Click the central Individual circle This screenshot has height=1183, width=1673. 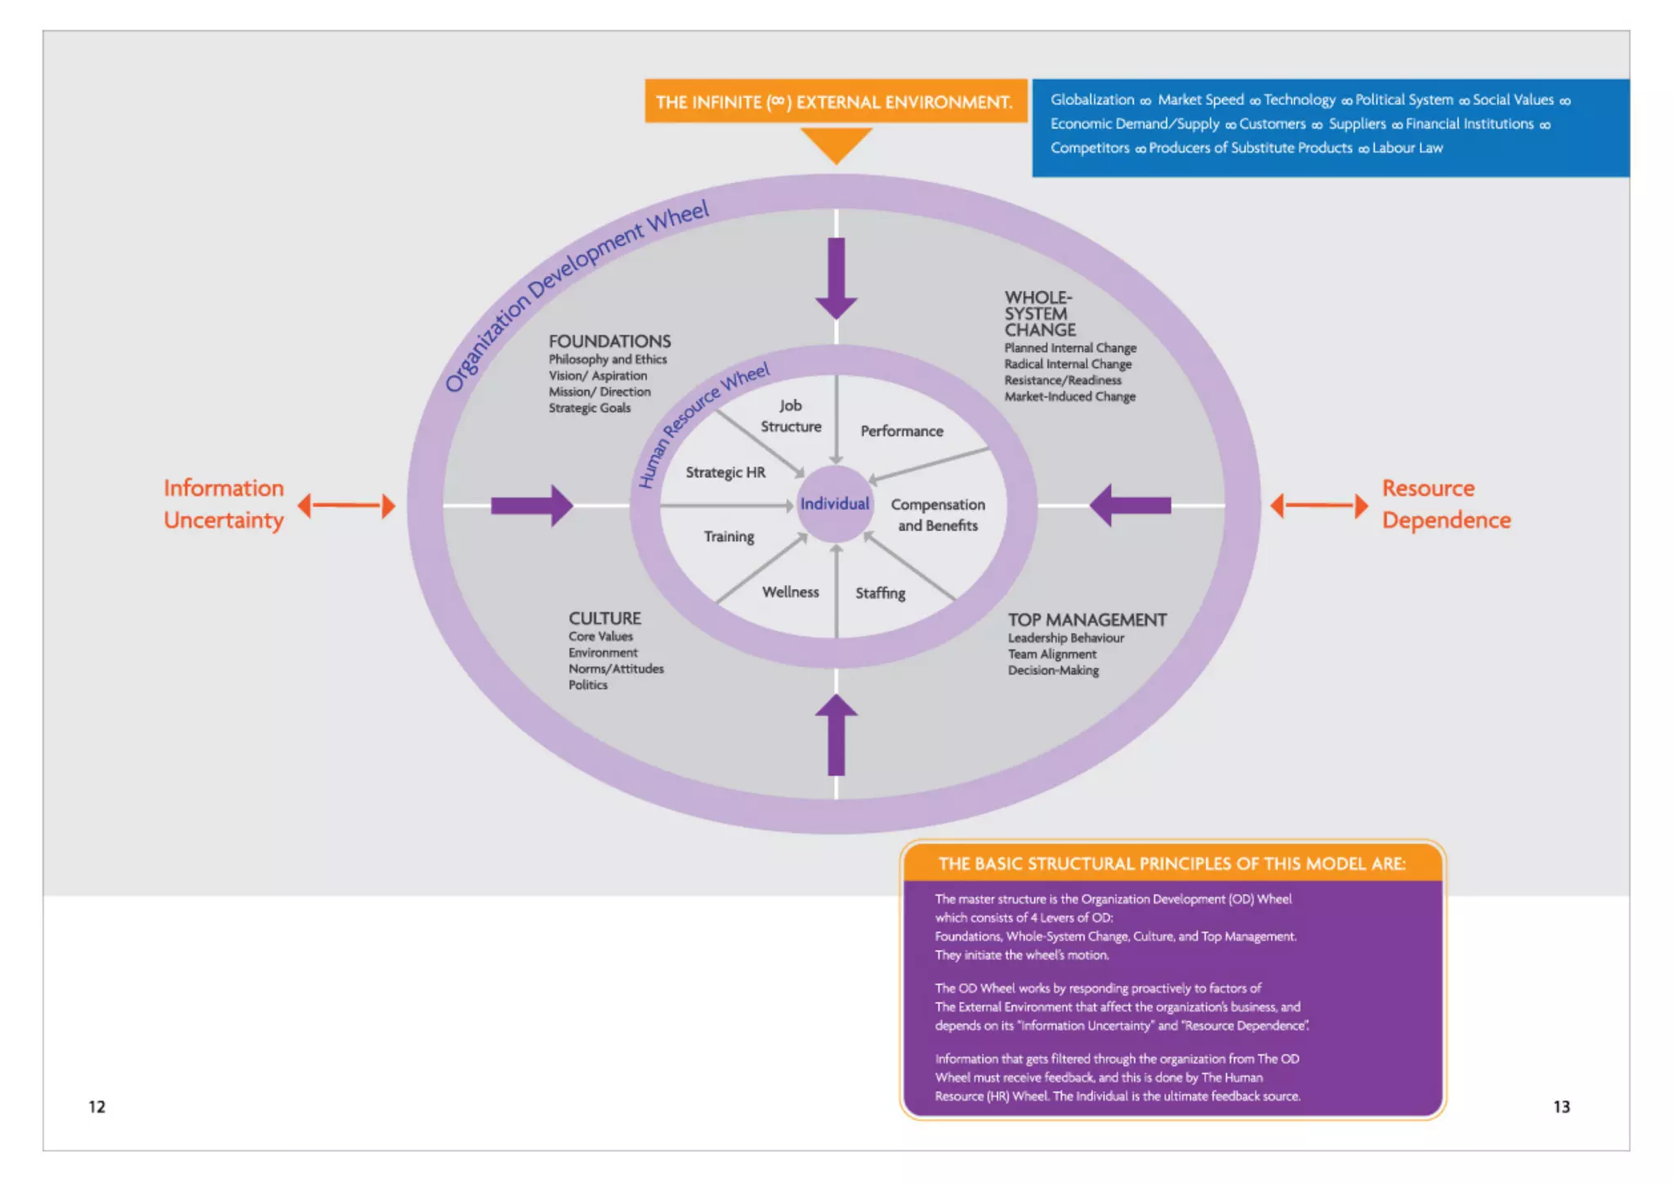(x=835, y=504)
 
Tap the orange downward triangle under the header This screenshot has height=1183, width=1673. (x=835, y=142)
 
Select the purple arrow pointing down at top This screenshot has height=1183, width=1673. (x=836, y=278)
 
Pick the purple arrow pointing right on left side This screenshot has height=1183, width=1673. (x=531, y=506)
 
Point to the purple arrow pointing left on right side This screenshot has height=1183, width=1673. (x=1131, y=506)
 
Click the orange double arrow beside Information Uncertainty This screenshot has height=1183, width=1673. (x=346, y=506)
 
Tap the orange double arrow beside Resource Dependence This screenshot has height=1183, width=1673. (x=1318, y=506)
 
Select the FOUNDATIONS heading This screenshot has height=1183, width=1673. (x=609, y=342)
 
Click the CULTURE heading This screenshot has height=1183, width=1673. (x=605, y=618)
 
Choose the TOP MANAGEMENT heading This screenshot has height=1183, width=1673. (x=1086, y=620)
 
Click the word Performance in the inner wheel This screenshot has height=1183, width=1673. (x=901, y=431)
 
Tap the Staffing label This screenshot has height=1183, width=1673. (x=880, y=593)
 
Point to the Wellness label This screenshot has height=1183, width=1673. (x=790, y=592)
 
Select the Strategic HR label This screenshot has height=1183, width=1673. (x=725, y=472)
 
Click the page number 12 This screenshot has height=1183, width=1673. (x=96, y=1106)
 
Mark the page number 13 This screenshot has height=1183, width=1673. (x=1561, y=1106)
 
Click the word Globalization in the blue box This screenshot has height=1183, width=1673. (x=1091, y=100)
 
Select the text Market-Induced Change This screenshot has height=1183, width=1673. (x=1069, y=396)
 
